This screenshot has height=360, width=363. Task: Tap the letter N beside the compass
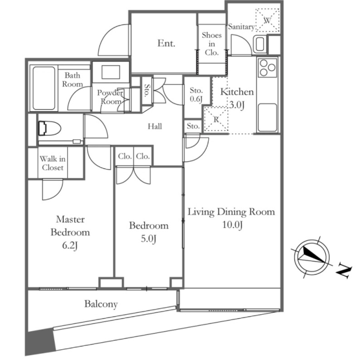point(344,271)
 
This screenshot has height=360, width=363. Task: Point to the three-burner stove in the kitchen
point(267,69)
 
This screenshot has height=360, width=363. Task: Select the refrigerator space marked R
point(216,120)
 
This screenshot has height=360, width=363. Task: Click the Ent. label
point(167,44)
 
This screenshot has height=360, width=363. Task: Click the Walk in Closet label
point(53,163)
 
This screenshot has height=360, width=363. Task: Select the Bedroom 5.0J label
point(148,232)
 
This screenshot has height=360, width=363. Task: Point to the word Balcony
point(101,304)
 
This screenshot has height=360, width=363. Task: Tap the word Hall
point(155,126)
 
